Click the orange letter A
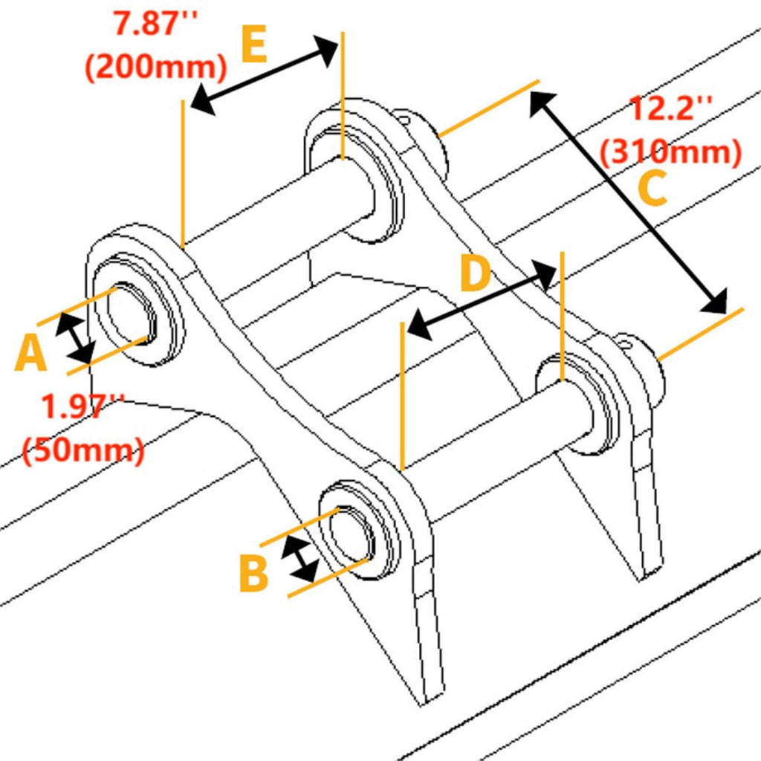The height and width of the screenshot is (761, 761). [31, 354]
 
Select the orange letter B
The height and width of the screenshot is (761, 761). [253, 574]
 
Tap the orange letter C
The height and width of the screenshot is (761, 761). [652, 190]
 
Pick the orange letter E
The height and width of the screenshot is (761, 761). [254, 46]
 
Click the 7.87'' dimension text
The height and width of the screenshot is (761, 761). [155, 22]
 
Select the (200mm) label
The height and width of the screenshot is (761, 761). [155, 68]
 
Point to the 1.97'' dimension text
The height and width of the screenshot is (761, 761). [82, 407]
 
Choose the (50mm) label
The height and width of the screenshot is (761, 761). [83, 450]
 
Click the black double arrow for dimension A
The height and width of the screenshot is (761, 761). [75, 338]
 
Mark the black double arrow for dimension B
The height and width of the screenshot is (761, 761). [301, 560]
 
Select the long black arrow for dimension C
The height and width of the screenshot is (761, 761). [628, 201]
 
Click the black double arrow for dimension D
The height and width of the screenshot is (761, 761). [483, 302]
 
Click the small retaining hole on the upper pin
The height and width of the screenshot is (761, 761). [404, 117]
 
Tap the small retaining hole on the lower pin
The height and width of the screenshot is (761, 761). [624, 343]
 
